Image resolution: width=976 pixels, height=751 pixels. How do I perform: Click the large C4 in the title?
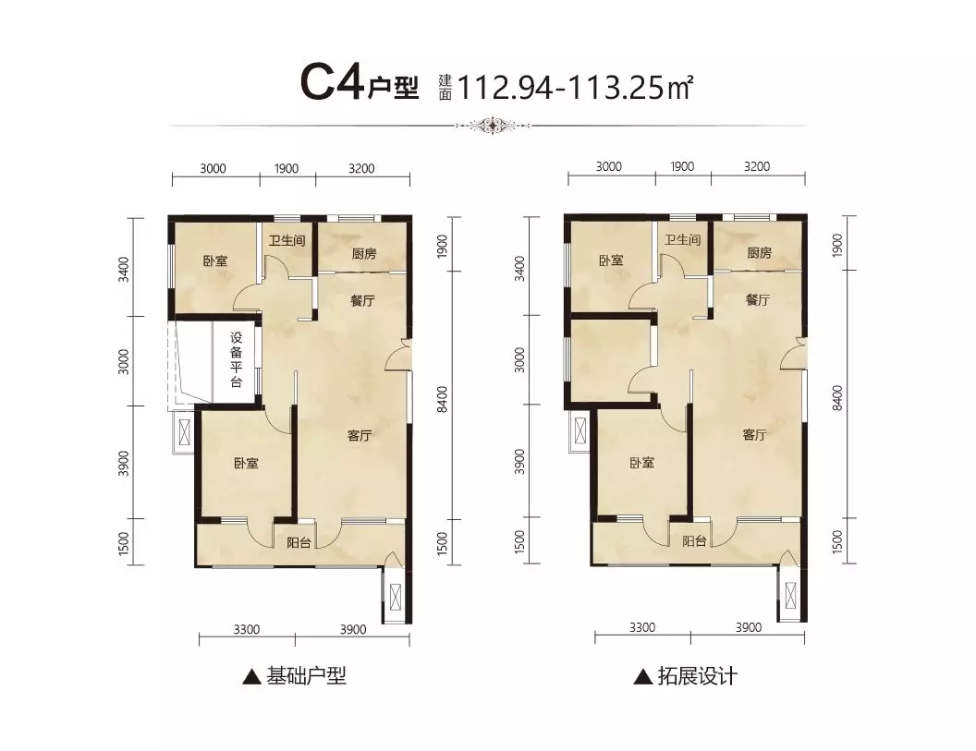(x=332, y=83)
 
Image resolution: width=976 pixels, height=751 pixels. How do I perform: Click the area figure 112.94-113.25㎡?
(x=576, y=87)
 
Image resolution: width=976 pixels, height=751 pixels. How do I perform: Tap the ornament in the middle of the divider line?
(x=493, y=125)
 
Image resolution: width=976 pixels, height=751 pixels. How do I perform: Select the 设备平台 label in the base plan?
(x=236, y=359)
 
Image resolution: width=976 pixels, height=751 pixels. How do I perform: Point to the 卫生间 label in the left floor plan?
(x=287, y=240)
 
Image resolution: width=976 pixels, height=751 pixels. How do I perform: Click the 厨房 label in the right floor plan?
(x=760, y=252)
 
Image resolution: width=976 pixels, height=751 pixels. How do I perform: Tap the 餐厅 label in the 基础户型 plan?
(x=363, y=300)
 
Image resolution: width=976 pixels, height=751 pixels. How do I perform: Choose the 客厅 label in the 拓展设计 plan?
(x=754, y=434)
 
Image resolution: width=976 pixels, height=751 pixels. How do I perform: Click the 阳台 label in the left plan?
(x=299, y=542)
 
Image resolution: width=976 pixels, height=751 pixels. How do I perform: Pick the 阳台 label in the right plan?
(x=694, y=540)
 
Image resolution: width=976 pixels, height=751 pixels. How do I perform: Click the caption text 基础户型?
(x=306, y=675)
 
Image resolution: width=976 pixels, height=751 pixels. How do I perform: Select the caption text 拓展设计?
(x=698, y=675)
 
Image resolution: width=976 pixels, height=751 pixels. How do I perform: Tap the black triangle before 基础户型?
(x=251, y=677)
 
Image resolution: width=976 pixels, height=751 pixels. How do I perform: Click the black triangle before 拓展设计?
(x=643, y=677)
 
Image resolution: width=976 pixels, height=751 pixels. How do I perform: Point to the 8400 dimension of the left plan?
(x=442, y=399)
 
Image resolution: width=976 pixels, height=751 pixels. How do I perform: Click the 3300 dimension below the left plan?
(x=247, y=630)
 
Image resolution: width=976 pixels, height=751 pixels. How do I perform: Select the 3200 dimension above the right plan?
(x=757, y=166)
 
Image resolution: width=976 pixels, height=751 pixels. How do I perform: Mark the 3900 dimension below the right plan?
(x=749, y=628)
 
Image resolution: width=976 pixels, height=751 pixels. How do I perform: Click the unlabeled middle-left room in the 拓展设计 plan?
(x=611, y=361)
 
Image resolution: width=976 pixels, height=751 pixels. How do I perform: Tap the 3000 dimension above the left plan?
(x=213, y=168)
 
